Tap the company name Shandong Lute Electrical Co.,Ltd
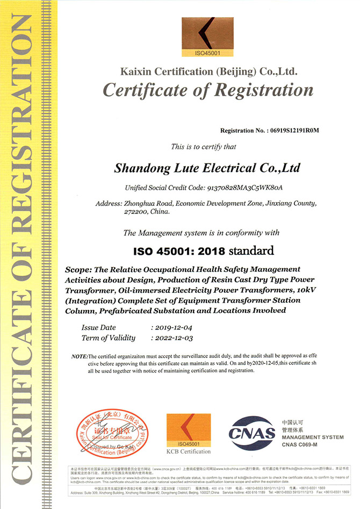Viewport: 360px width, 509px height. tap(207, 168)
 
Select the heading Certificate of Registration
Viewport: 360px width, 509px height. tap(208, 90)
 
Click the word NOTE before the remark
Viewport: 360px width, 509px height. tap(80, 357)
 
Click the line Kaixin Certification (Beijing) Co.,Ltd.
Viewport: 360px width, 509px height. tap(208, 71)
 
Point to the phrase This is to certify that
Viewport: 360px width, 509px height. tap(203, 147)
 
